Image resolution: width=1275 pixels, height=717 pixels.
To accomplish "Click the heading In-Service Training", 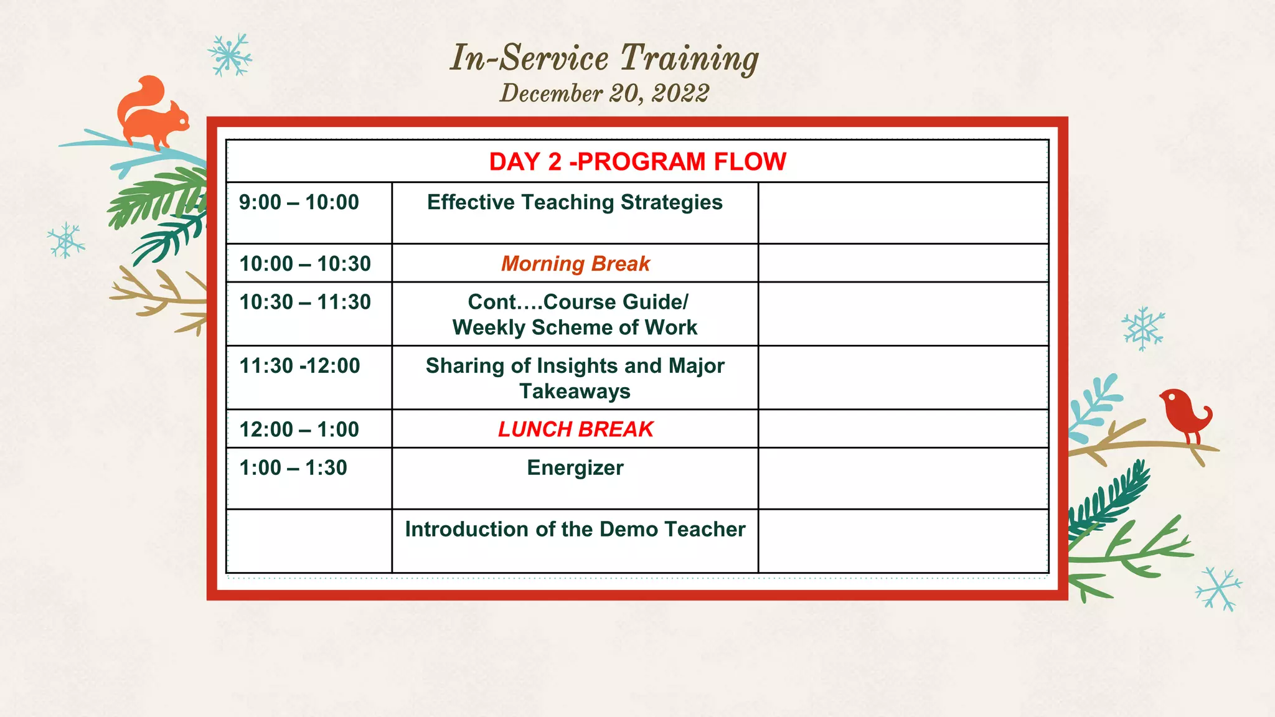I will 604,58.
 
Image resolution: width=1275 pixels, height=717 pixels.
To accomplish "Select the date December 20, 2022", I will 604,94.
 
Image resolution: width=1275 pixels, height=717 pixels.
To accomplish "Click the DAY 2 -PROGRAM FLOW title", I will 637,162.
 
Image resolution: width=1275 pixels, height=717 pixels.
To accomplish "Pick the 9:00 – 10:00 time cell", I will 299,202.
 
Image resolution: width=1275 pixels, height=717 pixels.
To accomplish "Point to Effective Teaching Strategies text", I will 575,202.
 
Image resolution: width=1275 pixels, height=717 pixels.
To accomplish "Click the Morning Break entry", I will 575,264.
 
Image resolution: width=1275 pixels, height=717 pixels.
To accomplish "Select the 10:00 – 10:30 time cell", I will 305,264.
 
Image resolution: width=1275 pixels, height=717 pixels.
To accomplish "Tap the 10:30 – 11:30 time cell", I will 305,302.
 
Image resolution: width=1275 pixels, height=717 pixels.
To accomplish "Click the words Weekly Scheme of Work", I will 575,328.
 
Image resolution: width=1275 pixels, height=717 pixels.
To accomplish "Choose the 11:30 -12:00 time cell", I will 299,366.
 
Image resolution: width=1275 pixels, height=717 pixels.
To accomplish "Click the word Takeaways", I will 575,391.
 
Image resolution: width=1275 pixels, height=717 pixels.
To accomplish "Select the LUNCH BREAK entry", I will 575,429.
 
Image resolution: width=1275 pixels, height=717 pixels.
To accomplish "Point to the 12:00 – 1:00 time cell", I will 299,429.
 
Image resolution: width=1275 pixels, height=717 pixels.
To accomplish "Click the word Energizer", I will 575,468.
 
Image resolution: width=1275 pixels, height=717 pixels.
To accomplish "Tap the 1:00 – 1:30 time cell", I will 293,468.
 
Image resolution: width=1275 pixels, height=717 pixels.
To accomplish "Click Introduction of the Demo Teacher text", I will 575,530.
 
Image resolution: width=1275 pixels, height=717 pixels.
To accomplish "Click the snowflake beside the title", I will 230,55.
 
